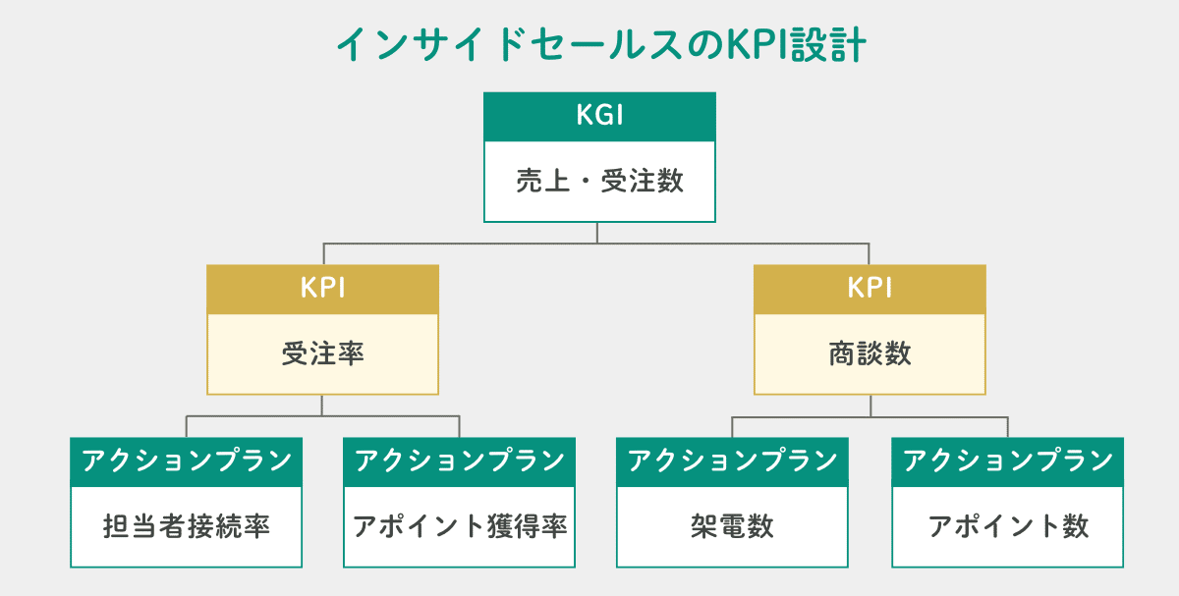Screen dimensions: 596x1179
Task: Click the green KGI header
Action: point(599,116)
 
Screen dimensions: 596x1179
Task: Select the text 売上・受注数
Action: point(599,182)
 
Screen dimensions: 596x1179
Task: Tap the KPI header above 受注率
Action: point(322,289)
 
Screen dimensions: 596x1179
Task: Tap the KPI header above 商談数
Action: point(870,289)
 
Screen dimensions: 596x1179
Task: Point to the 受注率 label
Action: point(322,353)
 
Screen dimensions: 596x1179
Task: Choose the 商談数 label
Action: point(870,353)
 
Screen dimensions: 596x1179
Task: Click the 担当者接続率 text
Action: point(186,527)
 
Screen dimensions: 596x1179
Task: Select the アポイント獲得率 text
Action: point(460,527)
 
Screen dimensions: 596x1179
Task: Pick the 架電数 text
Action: point(732,527)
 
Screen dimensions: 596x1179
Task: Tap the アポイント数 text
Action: point(1008,527)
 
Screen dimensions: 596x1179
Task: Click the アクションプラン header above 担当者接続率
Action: point(186,461)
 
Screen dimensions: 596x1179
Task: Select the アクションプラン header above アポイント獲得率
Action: point(460,461)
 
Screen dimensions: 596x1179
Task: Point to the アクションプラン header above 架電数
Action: point(732,461)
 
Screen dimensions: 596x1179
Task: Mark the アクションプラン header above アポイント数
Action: point(1008,461)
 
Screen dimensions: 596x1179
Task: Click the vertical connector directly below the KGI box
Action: point(598,232)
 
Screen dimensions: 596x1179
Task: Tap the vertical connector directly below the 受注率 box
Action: point(322,406)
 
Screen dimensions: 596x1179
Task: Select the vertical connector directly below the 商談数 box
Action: point(870,406)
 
